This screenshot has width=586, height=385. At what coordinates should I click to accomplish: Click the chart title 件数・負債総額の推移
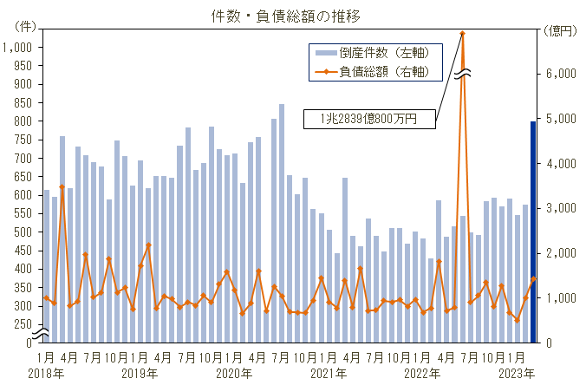click(285, 16)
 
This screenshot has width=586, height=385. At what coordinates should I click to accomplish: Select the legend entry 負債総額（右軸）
click(379, 70)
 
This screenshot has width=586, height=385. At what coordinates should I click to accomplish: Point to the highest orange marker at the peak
click(463, 33)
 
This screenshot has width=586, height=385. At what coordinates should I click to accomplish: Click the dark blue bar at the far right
click(533, 232)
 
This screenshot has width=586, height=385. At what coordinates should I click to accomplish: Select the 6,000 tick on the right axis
click(564, 74)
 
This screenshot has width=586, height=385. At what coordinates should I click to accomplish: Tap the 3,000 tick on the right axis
click(564, 208)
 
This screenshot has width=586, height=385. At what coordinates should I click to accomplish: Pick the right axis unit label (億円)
click(561, 30)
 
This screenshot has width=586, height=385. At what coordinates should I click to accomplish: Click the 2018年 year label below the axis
click(45, 373)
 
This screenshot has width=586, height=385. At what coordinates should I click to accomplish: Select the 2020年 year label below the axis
click(234, 373)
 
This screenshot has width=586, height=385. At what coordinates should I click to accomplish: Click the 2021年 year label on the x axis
click(329, 373)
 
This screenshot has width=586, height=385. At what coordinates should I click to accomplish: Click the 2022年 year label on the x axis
click(423, 373)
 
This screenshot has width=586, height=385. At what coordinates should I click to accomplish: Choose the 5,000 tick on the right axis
click(564, 119)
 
